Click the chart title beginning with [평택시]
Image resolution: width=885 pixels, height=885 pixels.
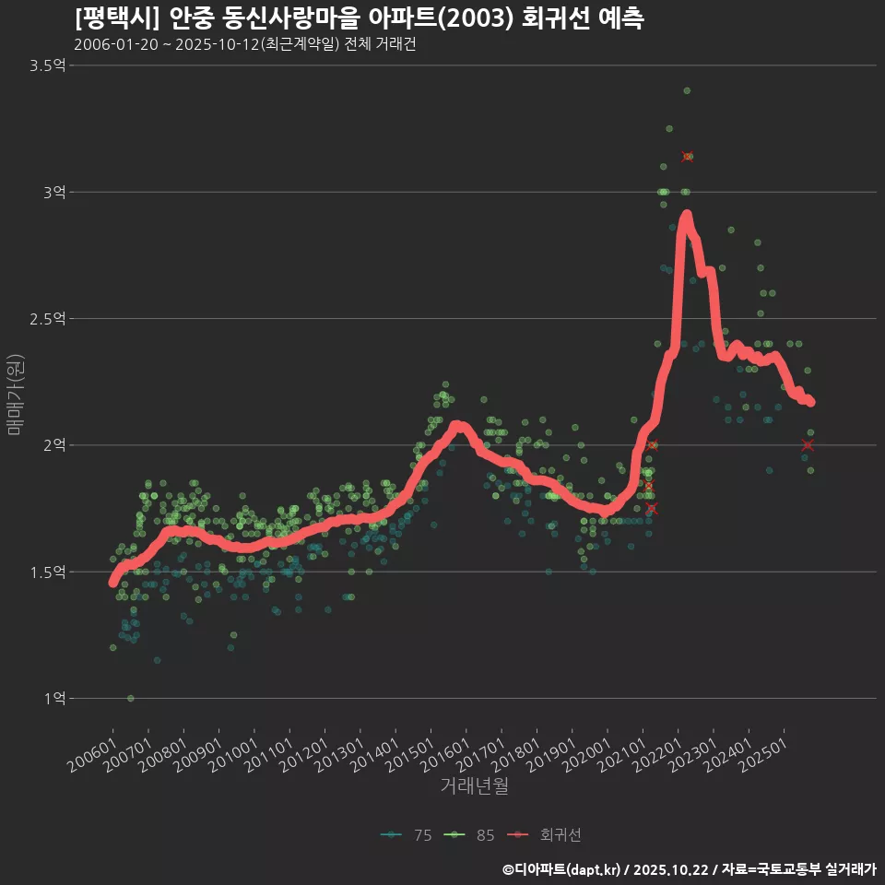(360, 18)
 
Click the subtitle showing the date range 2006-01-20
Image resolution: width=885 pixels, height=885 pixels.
(244, 45)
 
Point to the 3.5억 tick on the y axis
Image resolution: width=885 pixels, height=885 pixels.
(48, 65)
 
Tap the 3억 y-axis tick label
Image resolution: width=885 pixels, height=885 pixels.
(53, 192)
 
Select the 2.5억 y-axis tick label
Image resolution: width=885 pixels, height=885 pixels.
(48, 319)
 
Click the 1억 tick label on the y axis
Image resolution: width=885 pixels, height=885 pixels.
(53, 699)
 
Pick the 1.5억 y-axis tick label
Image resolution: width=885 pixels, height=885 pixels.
(48, 572)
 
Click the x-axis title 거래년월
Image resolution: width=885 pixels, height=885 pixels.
(474, 786)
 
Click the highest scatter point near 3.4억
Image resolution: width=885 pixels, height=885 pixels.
(687, 90)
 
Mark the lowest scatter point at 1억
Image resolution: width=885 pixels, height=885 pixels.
(131, 698)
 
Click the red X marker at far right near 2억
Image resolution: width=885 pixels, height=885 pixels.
(808, 445)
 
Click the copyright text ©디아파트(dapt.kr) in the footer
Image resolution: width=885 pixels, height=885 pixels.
(563, 868)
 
